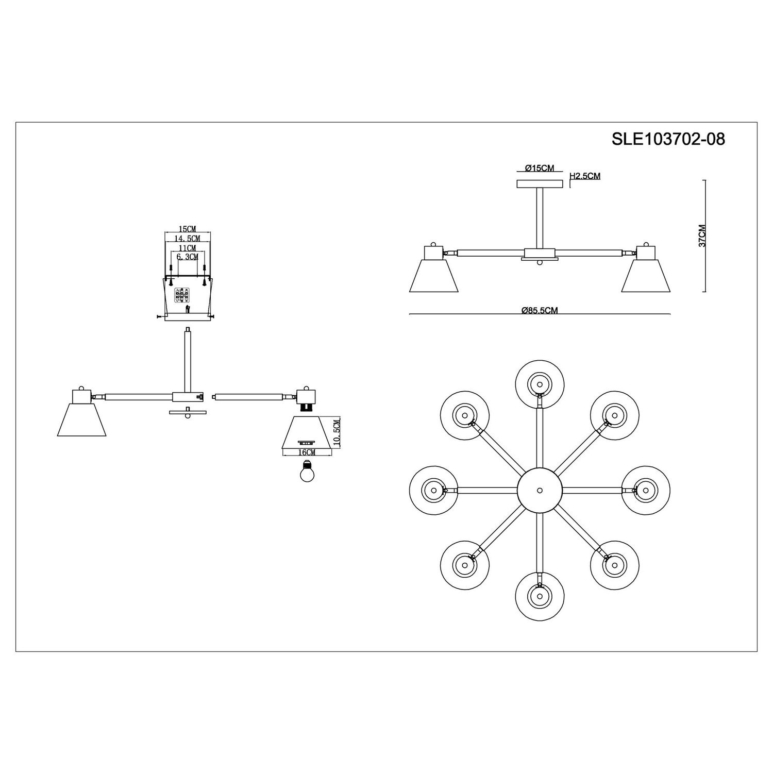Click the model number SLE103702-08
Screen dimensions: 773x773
click(x=668, y=139)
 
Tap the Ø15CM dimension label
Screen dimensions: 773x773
click(x=540, y=168)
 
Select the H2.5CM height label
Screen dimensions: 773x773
click(x=585, y=176)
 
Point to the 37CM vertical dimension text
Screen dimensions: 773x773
click(x=702, y=236)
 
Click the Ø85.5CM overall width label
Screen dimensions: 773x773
click(x=540, y=310)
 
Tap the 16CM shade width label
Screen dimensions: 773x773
click(x=307, y=452)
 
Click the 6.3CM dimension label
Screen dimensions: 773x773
click(x=188, y=257)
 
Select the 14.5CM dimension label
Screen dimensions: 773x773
click(x=187, y=238)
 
